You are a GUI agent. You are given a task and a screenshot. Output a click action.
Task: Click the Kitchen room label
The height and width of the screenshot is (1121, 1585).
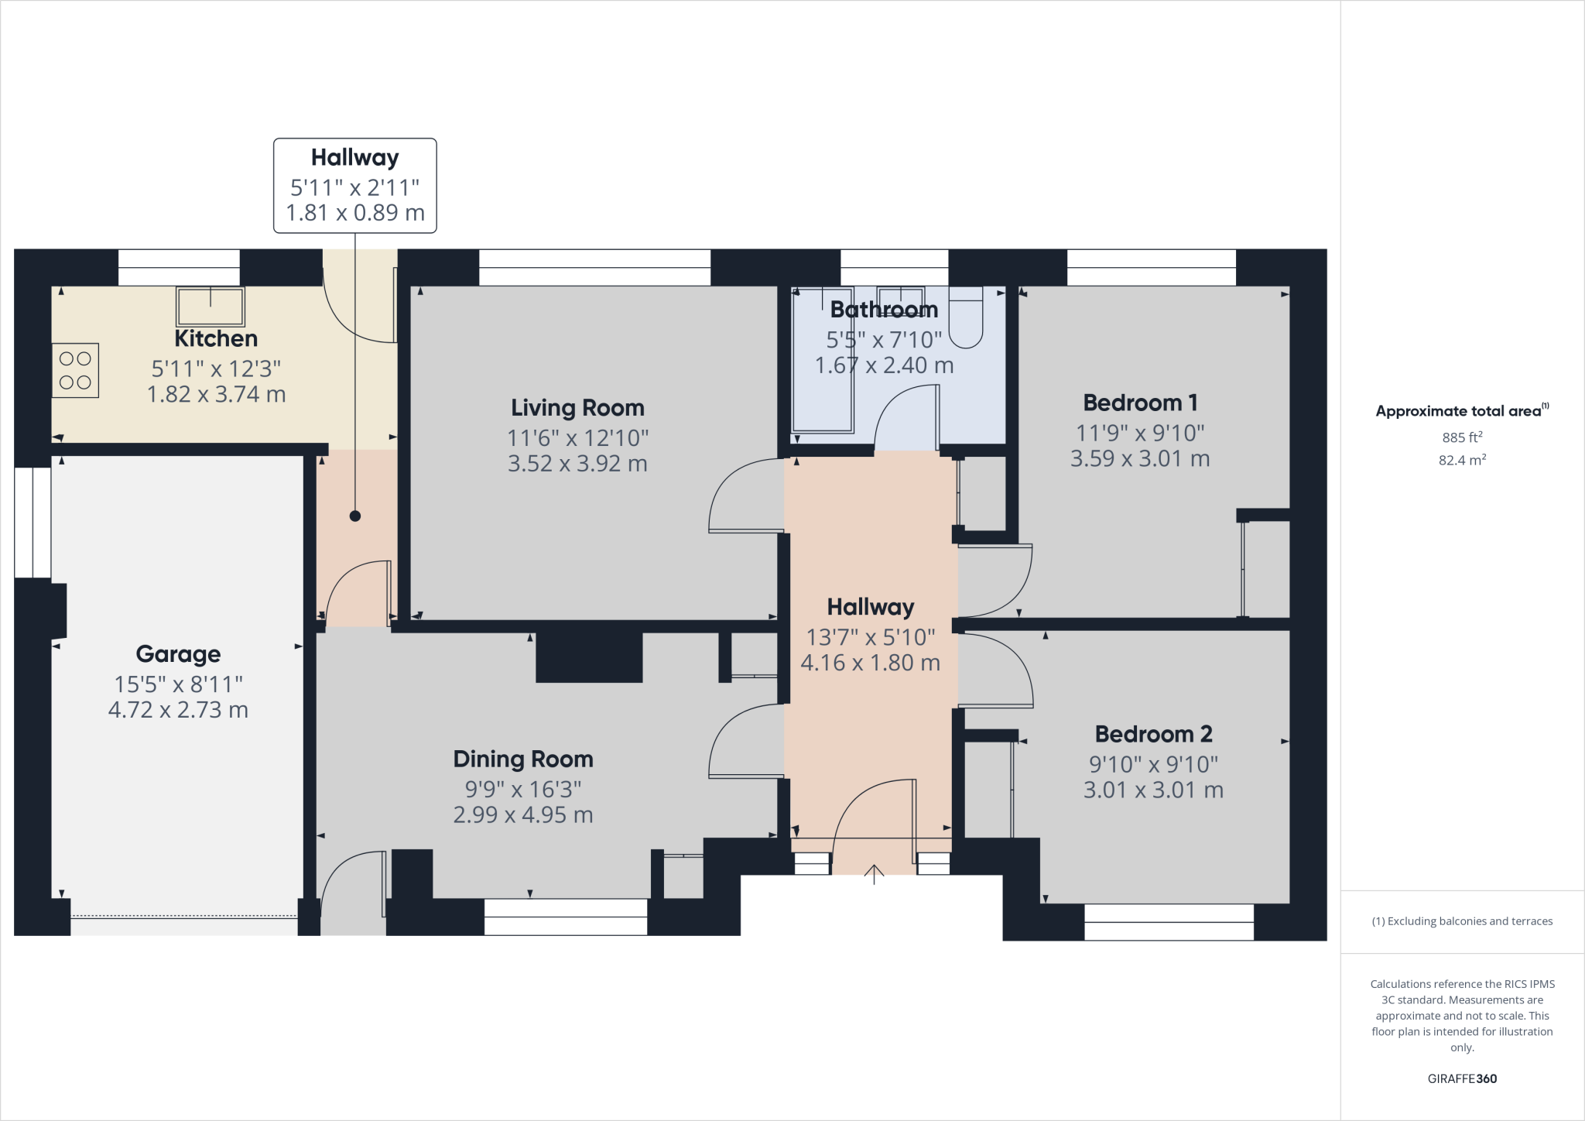215,338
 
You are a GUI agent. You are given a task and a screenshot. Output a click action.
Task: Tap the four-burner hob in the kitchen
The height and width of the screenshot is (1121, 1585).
76,370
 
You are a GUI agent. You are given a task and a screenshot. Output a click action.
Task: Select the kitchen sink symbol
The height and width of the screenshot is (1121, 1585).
210,307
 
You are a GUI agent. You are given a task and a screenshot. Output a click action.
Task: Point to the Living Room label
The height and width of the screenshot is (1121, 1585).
577,407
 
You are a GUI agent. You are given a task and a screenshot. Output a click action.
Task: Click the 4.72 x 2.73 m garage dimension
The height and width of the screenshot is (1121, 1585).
178,710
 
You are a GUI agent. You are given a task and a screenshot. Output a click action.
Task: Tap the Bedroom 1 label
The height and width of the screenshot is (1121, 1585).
1140,403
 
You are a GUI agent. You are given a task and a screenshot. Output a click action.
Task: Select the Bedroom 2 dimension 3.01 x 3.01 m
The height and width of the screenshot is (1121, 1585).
1153,790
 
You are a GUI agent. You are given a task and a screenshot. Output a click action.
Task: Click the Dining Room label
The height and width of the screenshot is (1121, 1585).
523,759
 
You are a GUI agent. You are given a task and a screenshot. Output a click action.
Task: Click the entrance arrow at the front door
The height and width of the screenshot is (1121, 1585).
874,874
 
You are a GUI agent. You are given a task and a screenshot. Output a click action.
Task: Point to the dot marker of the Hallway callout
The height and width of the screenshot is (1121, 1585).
354,516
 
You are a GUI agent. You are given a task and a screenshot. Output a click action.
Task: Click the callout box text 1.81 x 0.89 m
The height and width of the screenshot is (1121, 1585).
355,213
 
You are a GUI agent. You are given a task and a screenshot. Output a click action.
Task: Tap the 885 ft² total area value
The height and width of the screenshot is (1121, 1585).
1462,437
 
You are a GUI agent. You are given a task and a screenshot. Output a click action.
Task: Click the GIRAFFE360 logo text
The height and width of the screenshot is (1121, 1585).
1462,1078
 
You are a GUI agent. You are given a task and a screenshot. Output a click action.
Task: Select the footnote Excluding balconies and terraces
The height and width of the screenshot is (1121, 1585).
1462,921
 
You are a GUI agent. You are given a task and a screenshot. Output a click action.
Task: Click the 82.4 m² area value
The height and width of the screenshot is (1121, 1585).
1462,460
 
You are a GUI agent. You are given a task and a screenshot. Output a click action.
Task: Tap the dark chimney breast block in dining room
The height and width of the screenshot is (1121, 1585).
589,657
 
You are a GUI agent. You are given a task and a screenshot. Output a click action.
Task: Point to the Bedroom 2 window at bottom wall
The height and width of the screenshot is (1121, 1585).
1169,922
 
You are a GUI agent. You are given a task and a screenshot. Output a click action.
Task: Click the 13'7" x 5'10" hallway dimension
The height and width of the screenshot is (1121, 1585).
871,637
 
